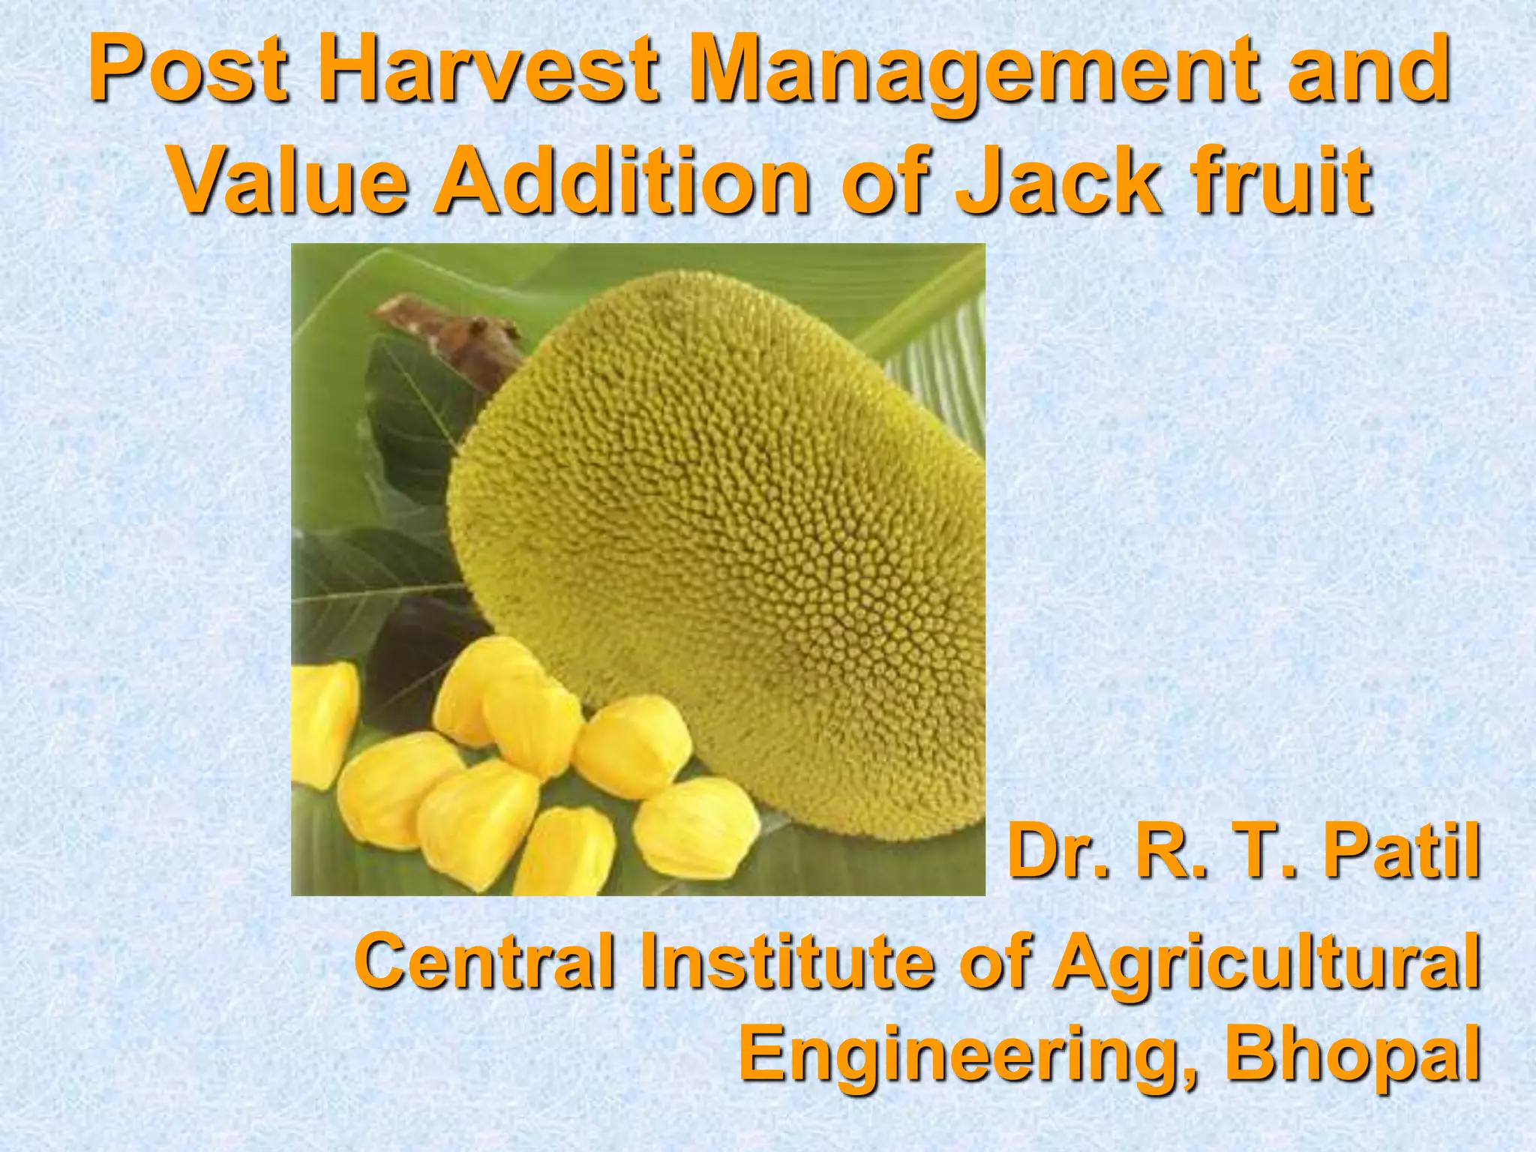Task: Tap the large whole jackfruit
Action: (720, 540)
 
